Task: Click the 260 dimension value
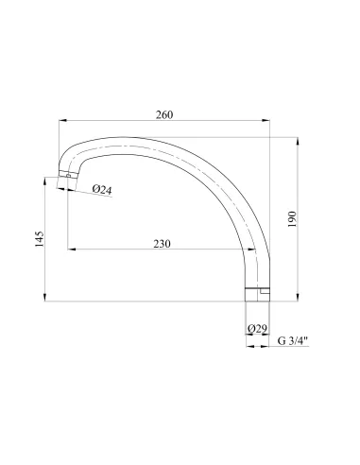[x=164, y=114]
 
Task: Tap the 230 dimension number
[x=162, y=244]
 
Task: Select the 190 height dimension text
[x=292, y=219]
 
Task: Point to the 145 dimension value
[x=40, y=239]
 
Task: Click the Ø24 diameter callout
[x=102, y=189]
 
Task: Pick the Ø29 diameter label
[x=257, y=329]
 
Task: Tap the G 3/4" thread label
[x=293, y=340]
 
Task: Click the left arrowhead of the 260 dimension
[x=63, y=120]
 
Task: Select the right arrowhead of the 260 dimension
[x=266, y=120]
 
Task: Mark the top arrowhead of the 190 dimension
[x=298, y=141]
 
